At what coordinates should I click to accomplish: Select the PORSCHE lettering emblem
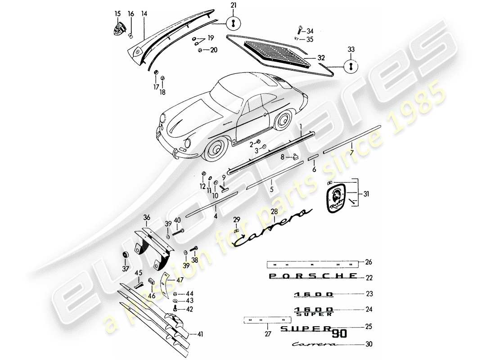point(312,275)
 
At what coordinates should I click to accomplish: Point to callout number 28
point(274,211)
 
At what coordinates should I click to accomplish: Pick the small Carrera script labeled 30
point(315,345)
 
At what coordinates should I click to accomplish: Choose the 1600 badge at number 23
point(314,294)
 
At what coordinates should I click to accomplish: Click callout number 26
point(369,262)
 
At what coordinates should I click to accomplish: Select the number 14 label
point(144,14)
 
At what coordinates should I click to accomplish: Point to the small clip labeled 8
point(296,157)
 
